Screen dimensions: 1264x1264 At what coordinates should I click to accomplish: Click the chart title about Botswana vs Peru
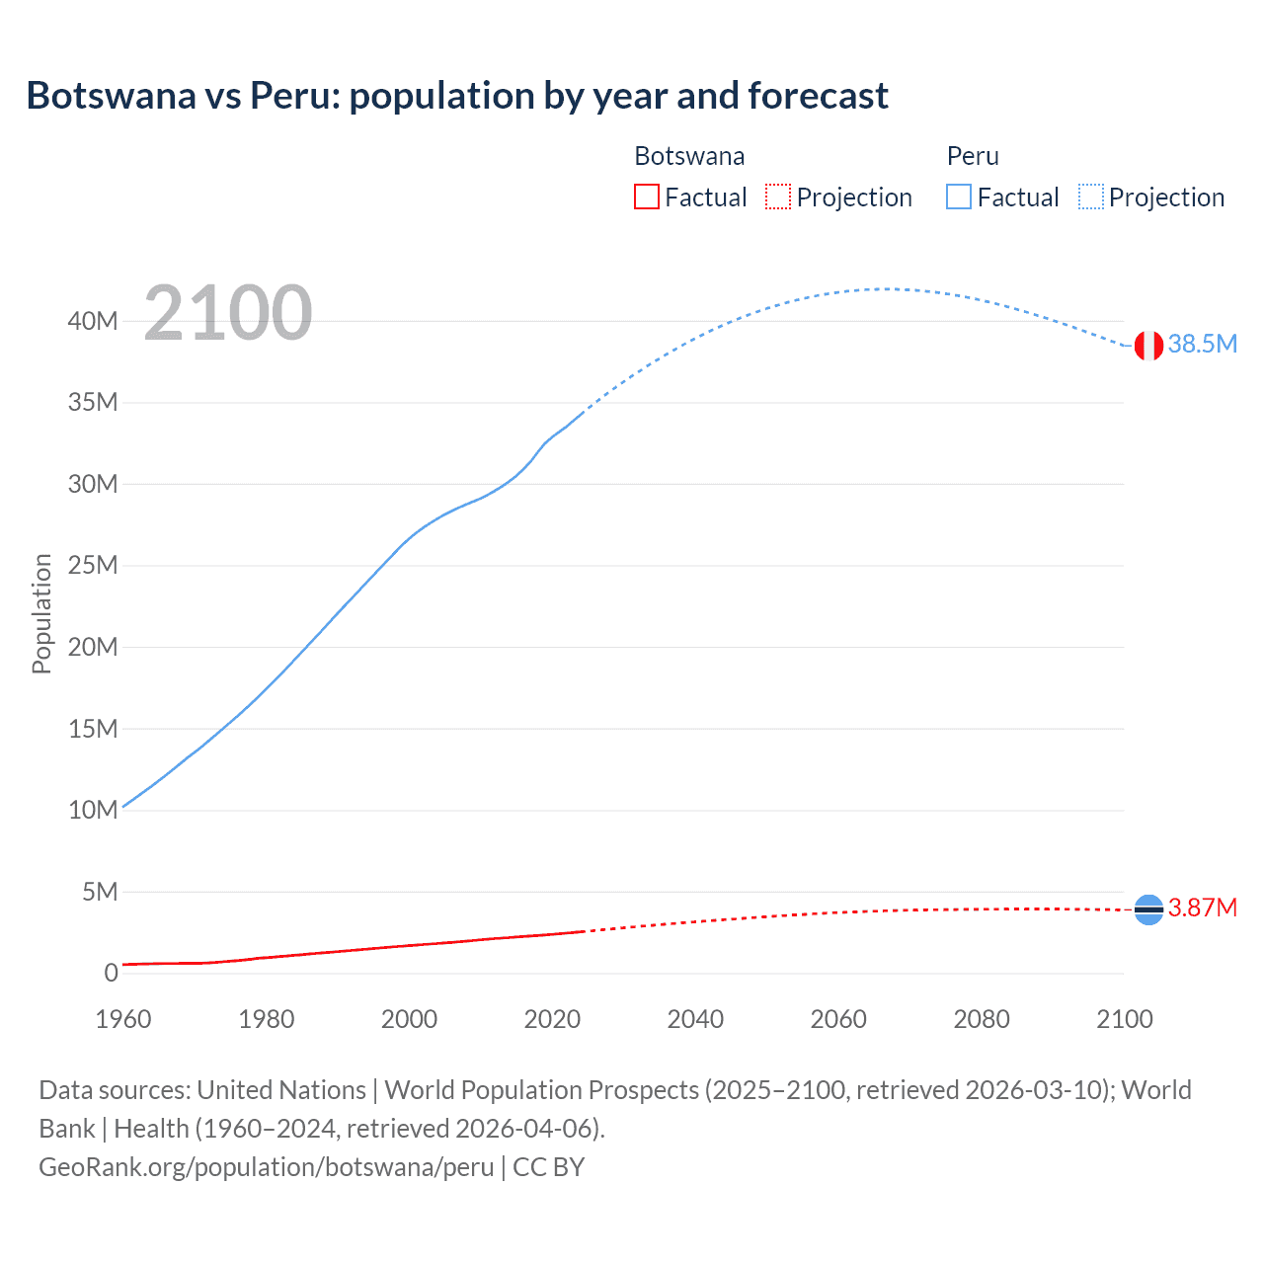(457, 96)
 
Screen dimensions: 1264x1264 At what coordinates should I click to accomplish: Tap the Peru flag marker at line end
(1148, 346)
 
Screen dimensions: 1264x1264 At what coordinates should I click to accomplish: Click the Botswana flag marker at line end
(1148, 908)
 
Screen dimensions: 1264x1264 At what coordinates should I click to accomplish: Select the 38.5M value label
(1202, 344)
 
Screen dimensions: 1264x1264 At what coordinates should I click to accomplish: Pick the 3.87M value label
(1202, 908)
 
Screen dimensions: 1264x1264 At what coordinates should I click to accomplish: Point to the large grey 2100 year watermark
(228, 313)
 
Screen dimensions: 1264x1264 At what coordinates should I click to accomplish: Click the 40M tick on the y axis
(93, 321)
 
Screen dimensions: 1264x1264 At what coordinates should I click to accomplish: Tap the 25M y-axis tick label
(93, 565)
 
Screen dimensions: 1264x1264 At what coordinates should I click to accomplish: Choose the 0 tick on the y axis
(111, 973)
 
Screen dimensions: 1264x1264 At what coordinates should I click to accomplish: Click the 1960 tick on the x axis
(123, 1019)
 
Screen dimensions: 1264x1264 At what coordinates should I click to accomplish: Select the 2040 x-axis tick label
(695, 1019)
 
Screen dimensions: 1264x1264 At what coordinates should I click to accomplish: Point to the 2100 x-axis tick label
(1124, 1019)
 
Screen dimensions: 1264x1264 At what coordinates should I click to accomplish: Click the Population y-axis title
(41, 613)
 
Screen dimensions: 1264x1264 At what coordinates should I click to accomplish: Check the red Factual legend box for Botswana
(646, 197)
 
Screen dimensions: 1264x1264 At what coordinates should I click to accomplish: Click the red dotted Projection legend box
(778, 197)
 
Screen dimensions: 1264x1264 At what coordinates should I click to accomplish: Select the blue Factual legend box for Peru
(958, 197)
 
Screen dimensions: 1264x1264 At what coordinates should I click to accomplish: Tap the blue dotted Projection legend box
(1090, 197)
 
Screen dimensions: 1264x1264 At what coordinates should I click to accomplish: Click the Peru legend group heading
(973, 156)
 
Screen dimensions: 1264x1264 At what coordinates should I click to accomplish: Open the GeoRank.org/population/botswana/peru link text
(267, 1166)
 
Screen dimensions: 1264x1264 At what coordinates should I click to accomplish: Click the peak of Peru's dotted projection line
(887, 288)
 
